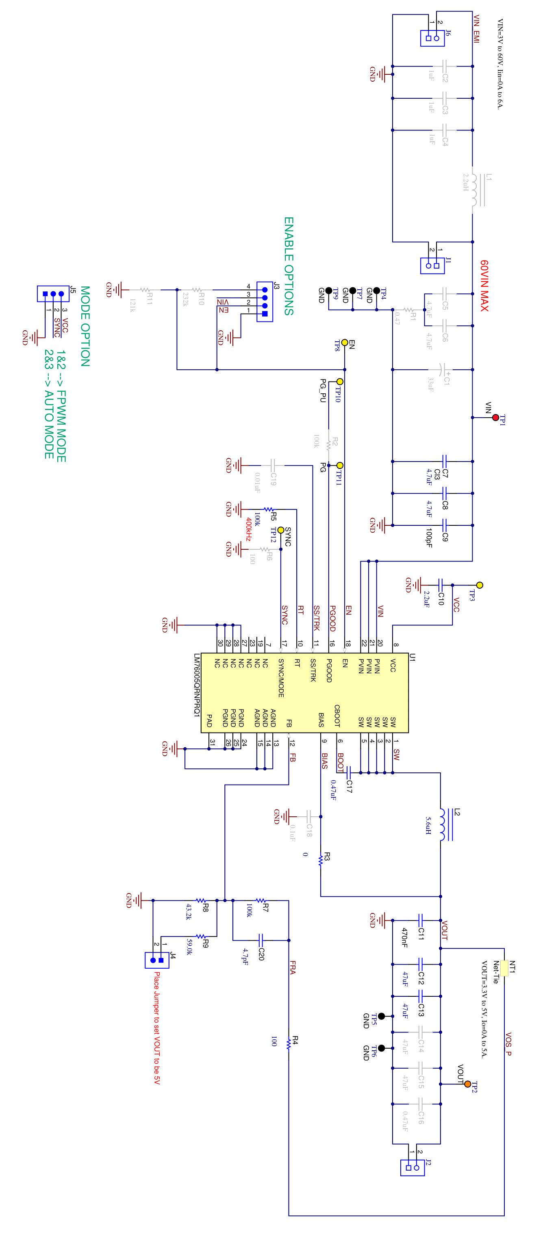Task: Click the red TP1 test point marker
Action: point(495,417)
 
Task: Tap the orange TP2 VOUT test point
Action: point(467,1084)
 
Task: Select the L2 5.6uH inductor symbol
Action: point(443,824)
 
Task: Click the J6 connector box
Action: point(432,38)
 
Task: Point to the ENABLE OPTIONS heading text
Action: point(289,266)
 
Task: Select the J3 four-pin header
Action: point(265,301)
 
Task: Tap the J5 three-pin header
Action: point(53,293)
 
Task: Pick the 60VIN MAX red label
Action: point(484,286)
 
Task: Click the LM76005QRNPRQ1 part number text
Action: point(197,685)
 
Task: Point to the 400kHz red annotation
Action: point(248,529)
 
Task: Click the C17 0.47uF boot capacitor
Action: point(348,772)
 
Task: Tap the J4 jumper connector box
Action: point(157,959)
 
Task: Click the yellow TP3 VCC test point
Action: point(480,585)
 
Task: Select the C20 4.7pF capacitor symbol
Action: point(260,940)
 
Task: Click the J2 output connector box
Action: point(413,1167)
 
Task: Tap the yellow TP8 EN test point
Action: point(344,342)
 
